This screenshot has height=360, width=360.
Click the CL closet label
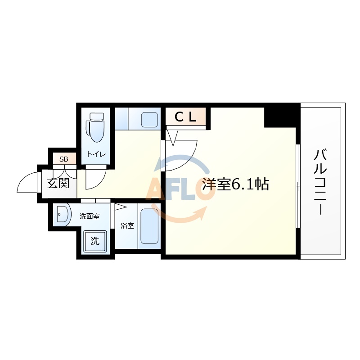pyautogui.click(x=185, y=117)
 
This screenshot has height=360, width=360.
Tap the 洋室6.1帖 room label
pyautogui.click(x=236, y=184)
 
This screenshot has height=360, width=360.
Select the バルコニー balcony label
pyautogui.click(x=320, y=182)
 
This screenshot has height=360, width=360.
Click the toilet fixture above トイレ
pyautogui.click(x=96, y=127)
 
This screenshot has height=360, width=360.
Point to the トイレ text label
pyautogui.click(x=96, y=154)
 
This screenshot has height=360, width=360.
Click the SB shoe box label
pyautogui.click(x=64, y=159)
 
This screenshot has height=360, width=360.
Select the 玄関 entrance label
pyautogui.click(x=59, y=184)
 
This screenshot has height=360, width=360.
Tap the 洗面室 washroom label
pyautogui.click(x=89, y=216)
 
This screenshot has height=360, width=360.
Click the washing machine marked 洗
pyautogui.click(x=95, y=241)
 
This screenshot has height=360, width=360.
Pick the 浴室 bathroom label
pyautogui.click(x=127, y=225)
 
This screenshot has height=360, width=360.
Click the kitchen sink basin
pyautogui.click(x=149, y=120)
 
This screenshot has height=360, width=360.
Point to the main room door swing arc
pyautogui.click(x=184, y=155)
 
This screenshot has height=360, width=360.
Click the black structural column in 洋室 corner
pyautogui.click(x=281, y=116)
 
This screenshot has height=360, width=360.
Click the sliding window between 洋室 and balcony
pyautogui.click(x=298, y=184)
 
